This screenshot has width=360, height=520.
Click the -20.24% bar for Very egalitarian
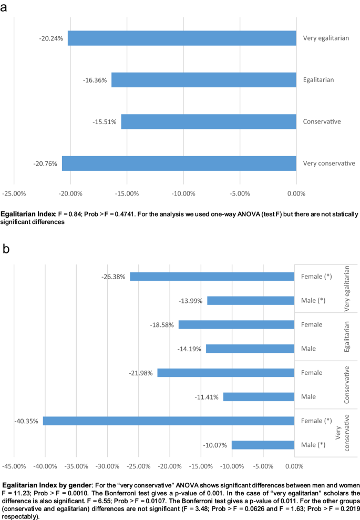tap(181, 38)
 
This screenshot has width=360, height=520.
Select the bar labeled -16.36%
tap(203, 80)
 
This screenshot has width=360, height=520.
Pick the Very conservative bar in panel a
tap(179, 164)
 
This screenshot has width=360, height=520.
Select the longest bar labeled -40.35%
tap(168, 421)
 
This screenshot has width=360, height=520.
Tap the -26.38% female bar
tap(212, 277)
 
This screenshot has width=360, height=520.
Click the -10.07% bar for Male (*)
tap(263, 445)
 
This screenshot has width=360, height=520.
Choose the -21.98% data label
tap(141, 373)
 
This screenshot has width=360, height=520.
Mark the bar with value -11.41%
tap(259, 397)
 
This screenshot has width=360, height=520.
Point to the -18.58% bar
tap(236, 325)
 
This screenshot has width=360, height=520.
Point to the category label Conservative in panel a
tap(322, 122)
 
